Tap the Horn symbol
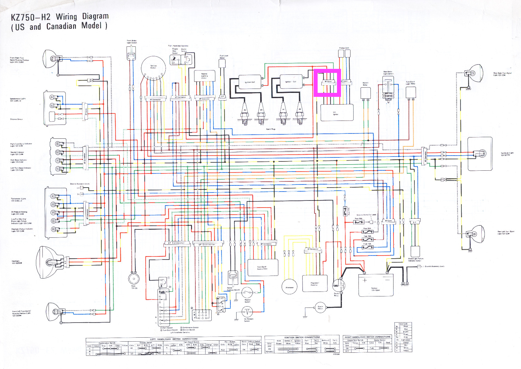click(134, 279)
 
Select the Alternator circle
click(289, 287)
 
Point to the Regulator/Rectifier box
click(315, 284)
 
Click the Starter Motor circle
click(320, 307)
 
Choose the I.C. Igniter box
click(337, 113)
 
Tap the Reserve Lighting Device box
click(204, 76)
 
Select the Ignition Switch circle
click(153, 67)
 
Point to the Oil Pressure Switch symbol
click(247, 312)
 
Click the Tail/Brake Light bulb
click(482, 154)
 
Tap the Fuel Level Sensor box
click(222, 63)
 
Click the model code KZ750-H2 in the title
click(30, 17)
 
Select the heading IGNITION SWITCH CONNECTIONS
click(302, 337)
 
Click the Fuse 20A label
click(367, 228)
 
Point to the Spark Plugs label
click(271, 129)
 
